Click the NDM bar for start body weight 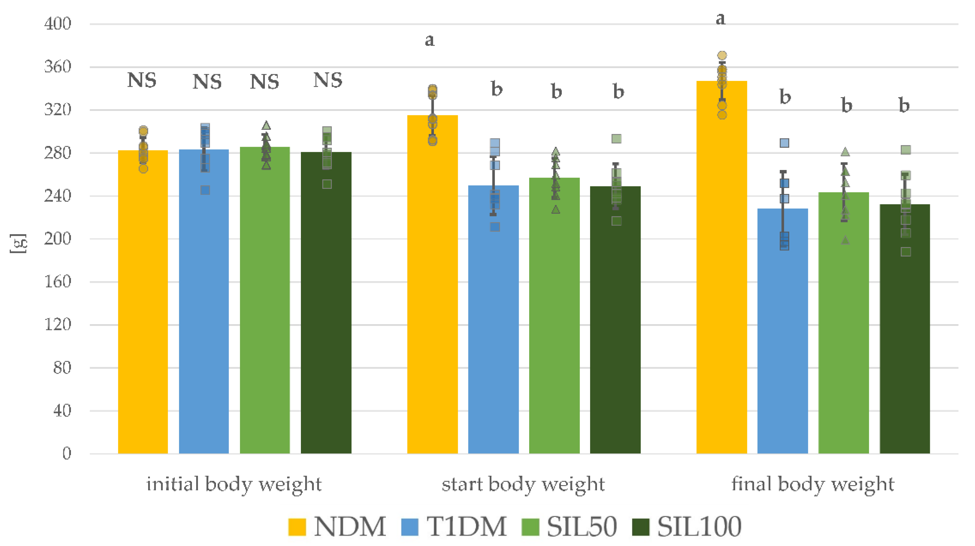432,284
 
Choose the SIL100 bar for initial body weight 326,302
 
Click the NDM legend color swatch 297,527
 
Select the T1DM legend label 466,527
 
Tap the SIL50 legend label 582,527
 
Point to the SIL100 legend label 699,527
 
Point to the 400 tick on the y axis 57,24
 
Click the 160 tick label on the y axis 57,282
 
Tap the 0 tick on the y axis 66,453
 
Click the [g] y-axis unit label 18,244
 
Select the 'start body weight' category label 523,484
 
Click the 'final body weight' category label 813,484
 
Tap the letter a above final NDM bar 720,18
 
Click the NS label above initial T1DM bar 207,82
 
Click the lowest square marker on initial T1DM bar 205,190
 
